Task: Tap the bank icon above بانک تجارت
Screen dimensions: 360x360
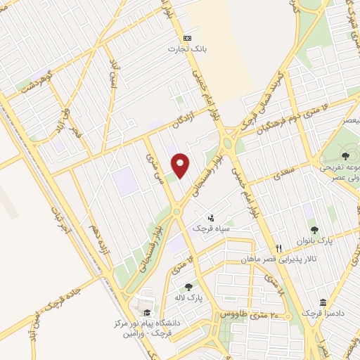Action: coord(187,38)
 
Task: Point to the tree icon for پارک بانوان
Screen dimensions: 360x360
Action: coord(314,229)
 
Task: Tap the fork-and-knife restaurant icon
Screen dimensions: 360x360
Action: coord(278,248)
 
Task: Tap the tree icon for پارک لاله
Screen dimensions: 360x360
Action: coord(188,286)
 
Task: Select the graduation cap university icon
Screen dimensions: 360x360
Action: coord(146,313)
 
